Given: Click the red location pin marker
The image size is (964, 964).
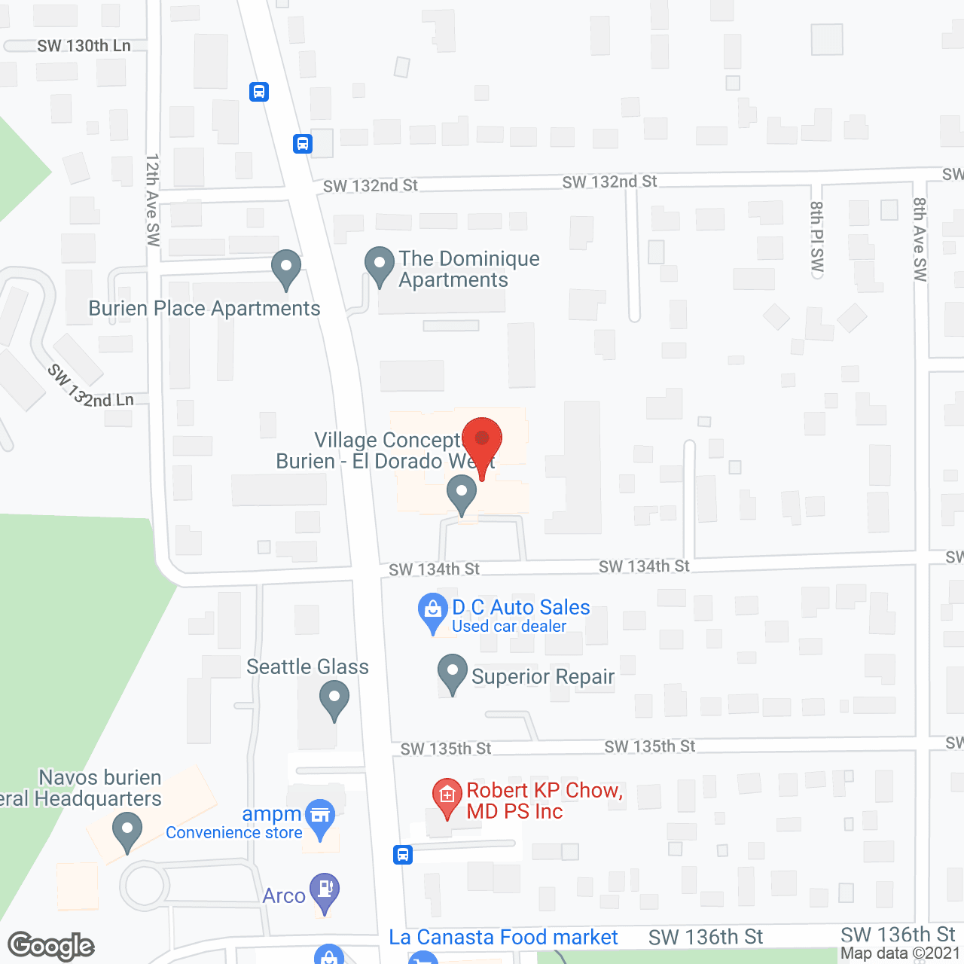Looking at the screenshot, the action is tap(482, 441).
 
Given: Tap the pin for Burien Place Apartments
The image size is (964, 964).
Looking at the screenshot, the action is tap(286, 268).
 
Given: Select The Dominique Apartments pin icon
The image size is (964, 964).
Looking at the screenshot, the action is tap(379, 266).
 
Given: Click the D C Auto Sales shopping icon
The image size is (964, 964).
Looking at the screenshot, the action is tap(433, 612).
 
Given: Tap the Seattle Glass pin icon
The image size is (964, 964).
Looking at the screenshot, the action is tap(334, 699).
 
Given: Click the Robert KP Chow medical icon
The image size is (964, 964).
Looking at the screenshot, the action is tap(447, 797).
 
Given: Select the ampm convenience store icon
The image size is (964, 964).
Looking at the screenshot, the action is tap(321, 818).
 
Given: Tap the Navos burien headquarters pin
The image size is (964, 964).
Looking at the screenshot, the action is tap(127, 833).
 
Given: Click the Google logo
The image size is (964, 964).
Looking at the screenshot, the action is tap(51, 946).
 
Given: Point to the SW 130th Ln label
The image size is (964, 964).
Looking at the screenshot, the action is tap(84, 46).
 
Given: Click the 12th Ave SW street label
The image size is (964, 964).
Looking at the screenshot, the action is tap(153, 200).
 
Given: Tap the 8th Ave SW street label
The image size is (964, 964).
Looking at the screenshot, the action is tap(920, 239).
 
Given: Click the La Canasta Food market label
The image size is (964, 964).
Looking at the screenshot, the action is tap(503, 938).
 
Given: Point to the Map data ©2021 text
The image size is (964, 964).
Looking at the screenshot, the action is tap(900, 953).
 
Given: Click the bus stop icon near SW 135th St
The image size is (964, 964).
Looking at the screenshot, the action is tap(403, 855).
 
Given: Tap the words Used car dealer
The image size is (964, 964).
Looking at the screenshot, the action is tap(509, 627).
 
